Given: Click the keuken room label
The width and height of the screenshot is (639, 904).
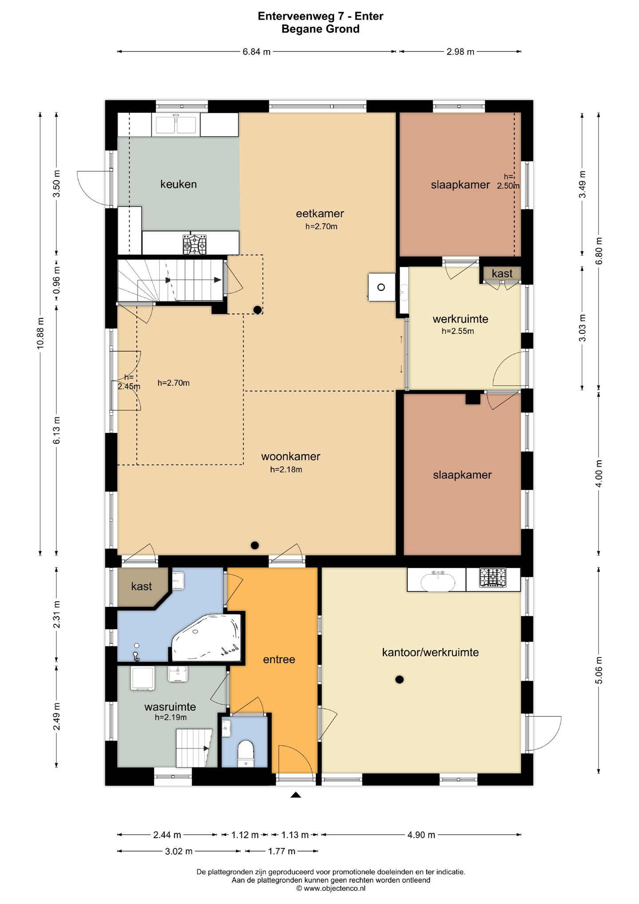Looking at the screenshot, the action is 178,184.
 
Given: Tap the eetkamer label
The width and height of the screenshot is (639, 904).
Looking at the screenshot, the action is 320,214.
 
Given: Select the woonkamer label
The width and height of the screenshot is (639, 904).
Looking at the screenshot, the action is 291,456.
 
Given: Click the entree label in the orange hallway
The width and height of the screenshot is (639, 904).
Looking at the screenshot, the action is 279,660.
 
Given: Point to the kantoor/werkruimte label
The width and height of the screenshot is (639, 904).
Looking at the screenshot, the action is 430,652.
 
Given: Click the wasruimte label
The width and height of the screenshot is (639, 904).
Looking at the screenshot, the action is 170,707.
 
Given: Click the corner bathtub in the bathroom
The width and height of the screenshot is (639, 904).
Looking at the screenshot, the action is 206,638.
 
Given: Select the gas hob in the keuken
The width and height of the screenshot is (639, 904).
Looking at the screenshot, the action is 194,245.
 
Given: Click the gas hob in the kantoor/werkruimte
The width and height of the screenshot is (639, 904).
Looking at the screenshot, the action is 493,578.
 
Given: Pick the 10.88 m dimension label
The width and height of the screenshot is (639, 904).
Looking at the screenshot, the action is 40,333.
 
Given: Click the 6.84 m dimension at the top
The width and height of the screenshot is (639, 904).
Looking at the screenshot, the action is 256,52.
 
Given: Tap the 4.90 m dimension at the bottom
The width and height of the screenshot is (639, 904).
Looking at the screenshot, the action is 421,835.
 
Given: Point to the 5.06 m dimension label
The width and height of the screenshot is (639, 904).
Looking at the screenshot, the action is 599,670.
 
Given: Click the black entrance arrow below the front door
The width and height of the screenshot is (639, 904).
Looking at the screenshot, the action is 296,795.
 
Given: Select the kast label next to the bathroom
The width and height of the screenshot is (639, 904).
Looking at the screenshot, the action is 142,587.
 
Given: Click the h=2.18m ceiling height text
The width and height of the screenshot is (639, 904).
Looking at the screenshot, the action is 286,470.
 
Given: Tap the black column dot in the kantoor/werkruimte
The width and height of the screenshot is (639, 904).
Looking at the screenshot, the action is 399,679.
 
